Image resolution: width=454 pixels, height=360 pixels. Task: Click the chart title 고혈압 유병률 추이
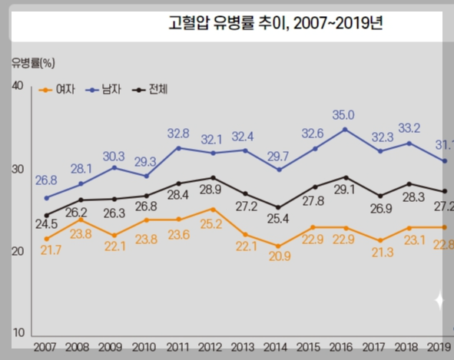tap(275, 23)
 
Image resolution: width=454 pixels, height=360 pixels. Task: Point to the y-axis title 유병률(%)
tap(33, 61)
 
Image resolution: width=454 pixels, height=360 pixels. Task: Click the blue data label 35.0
tap(343, 115)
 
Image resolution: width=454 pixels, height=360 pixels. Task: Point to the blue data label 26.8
tap(47, 181)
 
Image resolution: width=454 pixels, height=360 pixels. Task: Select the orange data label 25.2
tap(210, 225)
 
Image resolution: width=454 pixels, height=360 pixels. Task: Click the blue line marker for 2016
tap(346, 129)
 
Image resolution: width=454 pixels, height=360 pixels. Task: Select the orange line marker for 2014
tap(279, 246)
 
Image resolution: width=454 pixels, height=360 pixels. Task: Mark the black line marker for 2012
tap(212, 177)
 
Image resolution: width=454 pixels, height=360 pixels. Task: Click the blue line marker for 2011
tap(178, 147)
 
